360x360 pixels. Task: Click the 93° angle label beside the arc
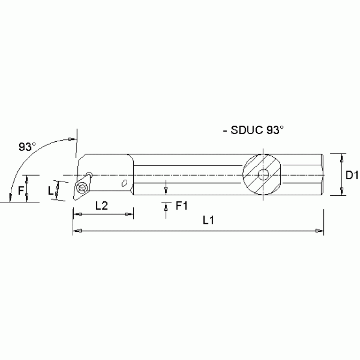click(27, 146)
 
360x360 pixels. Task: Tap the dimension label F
click(20, 191)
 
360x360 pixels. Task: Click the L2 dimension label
click(102, 206)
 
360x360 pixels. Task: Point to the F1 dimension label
click(182, 206)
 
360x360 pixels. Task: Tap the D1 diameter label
click(352, 175)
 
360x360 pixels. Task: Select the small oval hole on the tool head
click(125, 183)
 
